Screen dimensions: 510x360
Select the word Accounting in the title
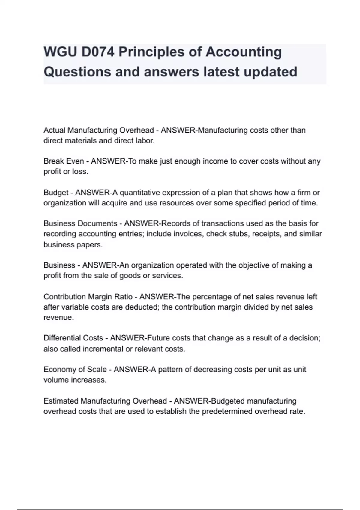244,52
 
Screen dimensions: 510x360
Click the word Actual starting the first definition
54,130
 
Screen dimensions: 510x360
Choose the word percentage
212,297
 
